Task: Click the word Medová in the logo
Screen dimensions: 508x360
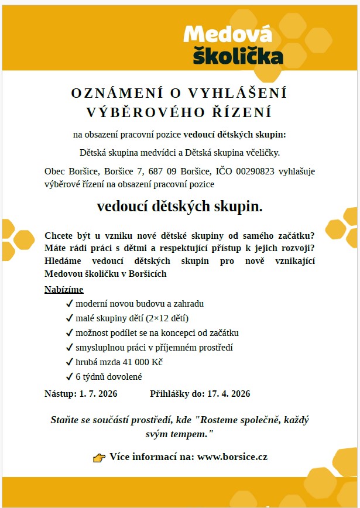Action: click(x=228, y=35)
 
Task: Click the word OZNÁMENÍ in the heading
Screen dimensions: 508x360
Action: click(x=113, y=93)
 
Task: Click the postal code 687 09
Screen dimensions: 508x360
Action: click(x=160, y=171)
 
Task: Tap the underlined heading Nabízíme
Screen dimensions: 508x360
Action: click(x=64, y=290)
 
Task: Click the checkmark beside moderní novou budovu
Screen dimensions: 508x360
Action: click(x=70, y=304)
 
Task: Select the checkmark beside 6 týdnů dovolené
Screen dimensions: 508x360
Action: click(x=70, y=377)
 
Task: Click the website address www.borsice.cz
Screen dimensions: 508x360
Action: click(x=232, y=456)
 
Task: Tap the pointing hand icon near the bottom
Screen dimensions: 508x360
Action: click(x=99, y=458)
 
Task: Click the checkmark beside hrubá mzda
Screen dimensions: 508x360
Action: click(x=70, y=362)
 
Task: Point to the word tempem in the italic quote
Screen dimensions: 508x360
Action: click(x=191, y=434)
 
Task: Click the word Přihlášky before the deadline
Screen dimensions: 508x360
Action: click(x=170, y=394)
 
